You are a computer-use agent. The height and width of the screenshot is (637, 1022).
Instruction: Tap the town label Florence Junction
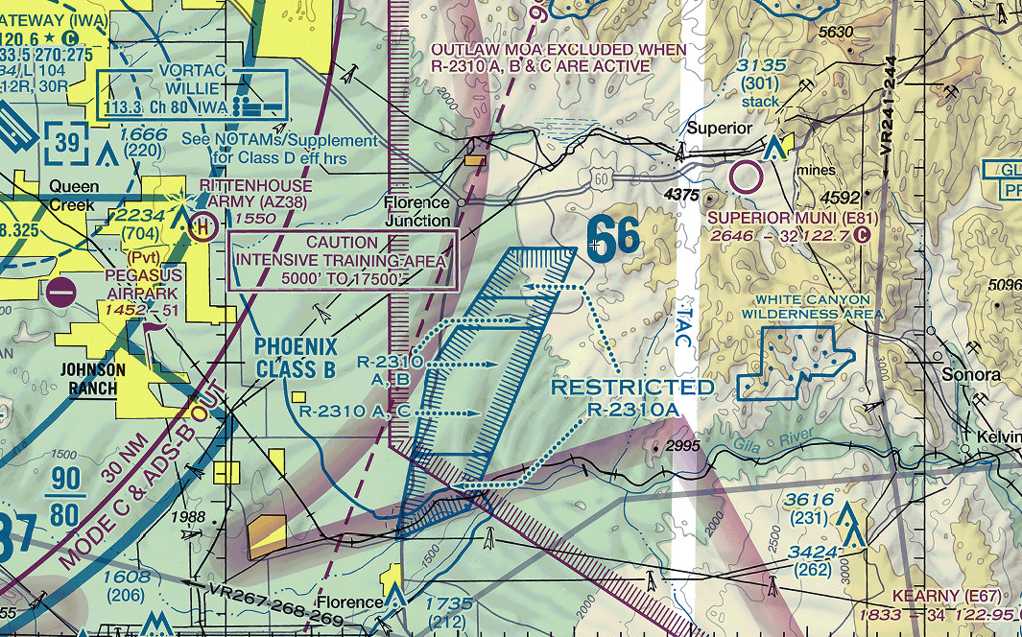(416, 211)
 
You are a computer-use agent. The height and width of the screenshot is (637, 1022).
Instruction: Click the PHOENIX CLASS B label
(297, 357)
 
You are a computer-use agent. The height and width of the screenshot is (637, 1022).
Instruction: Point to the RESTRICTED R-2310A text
(632, 397)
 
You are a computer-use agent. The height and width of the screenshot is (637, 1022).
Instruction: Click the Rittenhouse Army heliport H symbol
(202, 228)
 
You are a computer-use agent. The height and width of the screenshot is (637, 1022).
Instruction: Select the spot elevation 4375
(682, 194)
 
